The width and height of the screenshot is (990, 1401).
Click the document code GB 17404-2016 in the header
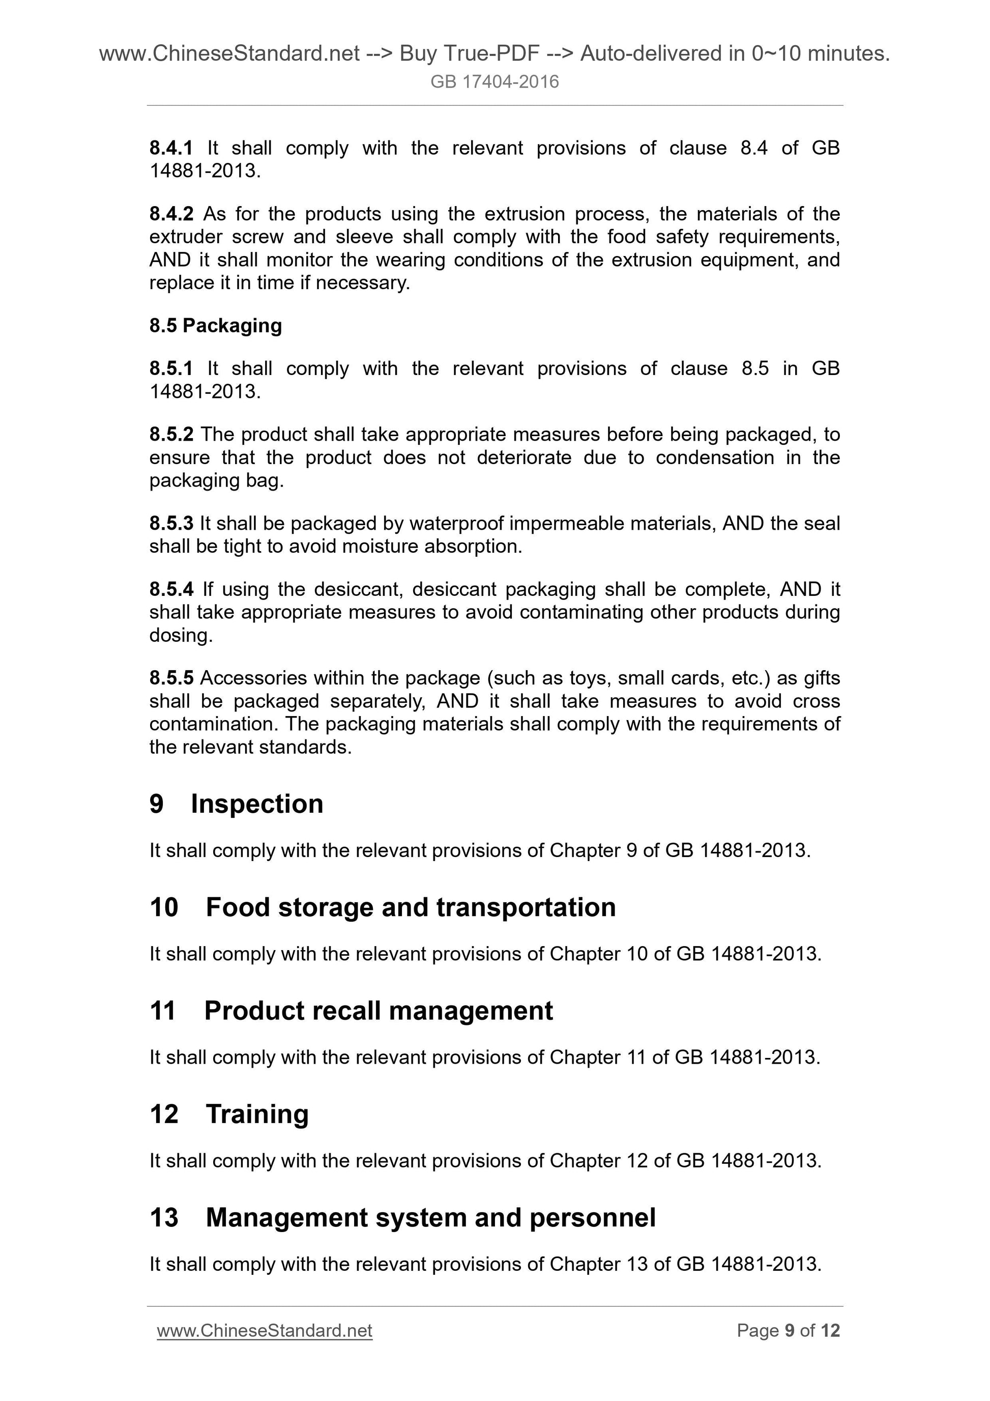click(x=494, y=82)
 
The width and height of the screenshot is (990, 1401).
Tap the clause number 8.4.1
click(x=171, y=148)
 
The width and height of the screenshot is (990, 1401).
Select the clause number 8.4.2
click(x=171, y=214)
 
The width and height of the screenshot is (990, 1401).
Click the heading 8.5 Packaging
click(x=215, y=325)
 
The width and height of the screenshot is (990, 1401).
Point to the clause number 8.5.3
click(x=171, y=523)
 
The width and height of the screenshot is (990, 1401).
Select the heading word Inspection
click(x=257, y=804)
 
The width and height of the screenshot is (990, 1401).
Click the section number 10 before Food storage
click(x=163, y=907)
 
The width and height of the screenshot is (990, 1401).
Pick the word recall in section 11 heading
click(x=350, y=1011)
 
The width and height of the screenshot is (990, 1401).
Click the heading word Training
click(x=257, y=1113)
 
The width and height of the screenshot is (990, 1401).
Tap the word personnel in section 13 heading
click(x=592, y=1217)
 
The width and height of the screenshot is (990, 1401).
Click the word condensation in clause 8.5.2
click(x=714, y=457)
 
